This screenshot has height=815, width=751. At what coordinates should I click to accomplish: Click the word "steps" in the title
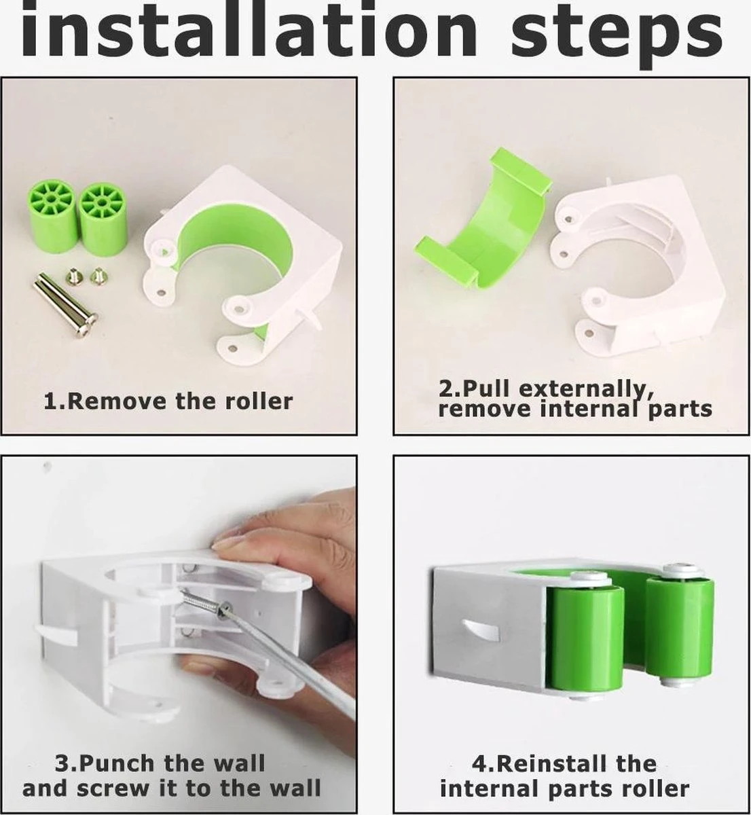pos(617,35)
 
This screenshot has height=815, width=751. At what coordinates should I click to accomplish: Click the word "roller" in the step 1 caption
pos(259,401)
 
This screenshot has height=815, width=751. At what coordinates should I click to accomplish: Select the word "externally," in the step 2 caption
pos(587,390)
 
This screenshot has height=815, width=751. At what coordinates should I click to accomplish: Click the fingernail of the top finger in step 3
pos(228,541)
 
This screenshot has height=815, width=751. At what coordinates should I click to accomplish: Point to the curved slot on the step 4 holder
pos(481,631)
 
